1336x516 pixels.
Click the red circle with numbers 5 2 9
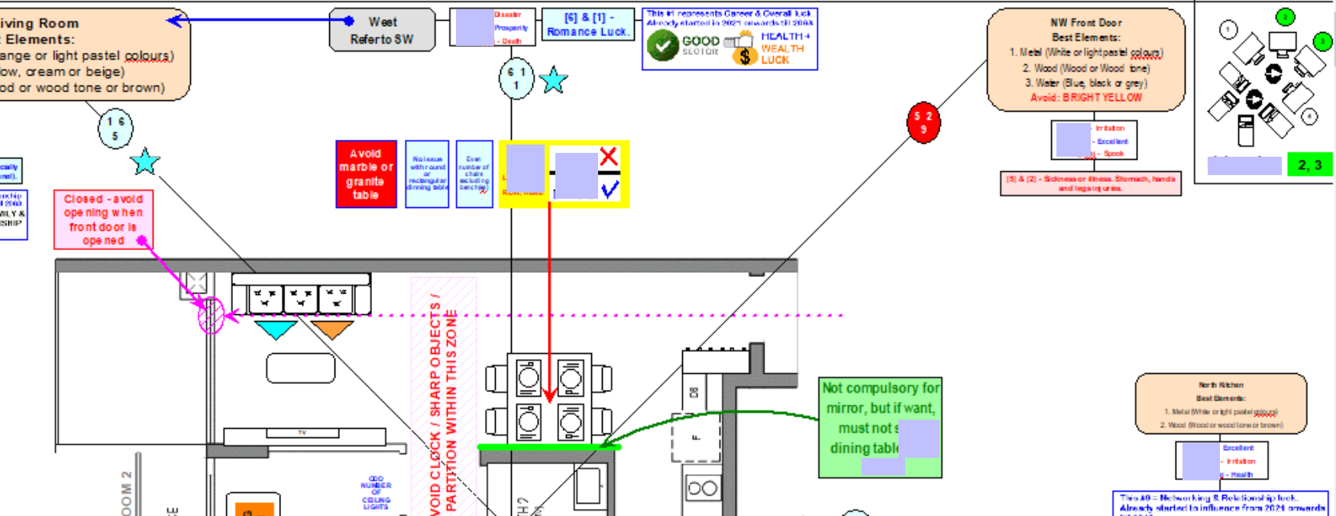(x=923, y=122)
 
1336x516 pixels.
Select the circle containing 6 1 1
(x=516, y=78)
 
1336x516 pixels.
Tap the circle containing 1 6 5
(x=115, y=128)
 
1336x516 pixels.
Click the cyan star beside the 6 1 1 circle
(x=553, y=80)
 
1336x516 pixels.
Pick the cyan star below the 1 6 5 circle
(x=144, y=161)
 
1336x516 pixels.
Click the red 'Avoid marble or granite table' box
(x=366, y=174)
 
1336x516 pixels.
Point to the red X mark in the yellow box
(x=609, y=157)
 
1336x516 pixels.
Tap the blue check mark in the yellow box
(x=610, y=189)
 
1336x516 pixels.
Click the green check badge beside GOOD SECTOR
(x=662, y=45)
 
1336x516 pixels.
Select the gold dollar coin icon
(x=744, y=56)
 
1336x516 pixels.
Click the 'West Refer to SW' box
(x=382, y=31)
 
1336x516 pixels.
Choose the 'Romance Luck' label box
(x=587, y=24)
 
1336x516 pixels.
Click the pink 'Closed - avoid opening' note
(x=103, y=219)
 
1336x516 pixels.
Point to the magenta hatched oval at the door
(x=211, y=315)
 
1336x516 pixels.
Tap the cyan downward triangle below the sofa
(x=275, y=329)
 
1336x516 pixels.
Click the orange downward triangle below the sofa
(x=332, y=329)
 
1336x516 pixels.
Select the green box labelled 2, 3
(x=1309, y=164)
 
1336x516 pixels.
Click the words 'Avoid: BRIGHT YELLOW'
(x=1085, y=98)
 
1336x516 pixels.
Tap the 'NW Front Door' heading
(x=1085, y=23)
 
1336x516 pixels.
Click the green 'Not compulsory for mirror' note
(x=879, y=427)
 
